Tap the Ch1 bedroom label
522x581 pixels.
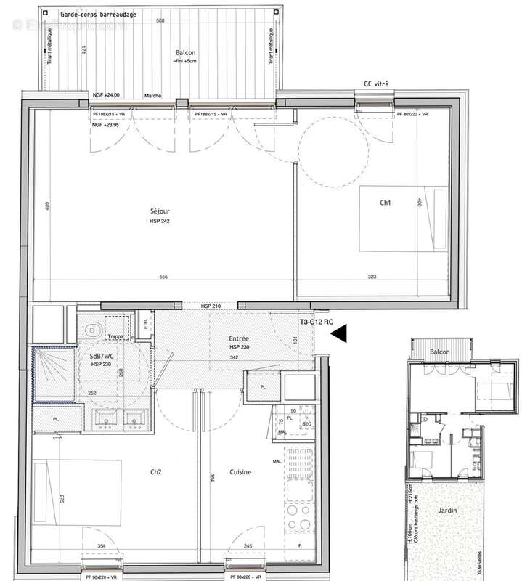(x=385, y=204)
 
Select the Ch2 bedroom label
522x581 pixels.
(x=155, y=472)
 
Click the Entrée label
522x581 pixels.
(x=240, y=338)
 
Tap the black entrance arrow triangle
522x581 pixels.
(x=339, y=333)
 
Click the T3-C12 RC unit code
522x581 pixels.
(x=317, y=321)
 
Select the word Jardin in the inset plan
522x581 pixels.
(x=447, y=511)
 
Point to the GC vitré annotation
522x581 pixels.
(x=376, y=85)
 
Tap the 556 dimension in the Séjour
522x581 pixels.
(x=163, y=277)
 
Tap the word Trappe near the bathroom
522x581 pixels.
(x=115, y=336)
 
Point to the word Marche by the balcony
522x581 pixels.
(x=152, y=95)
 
